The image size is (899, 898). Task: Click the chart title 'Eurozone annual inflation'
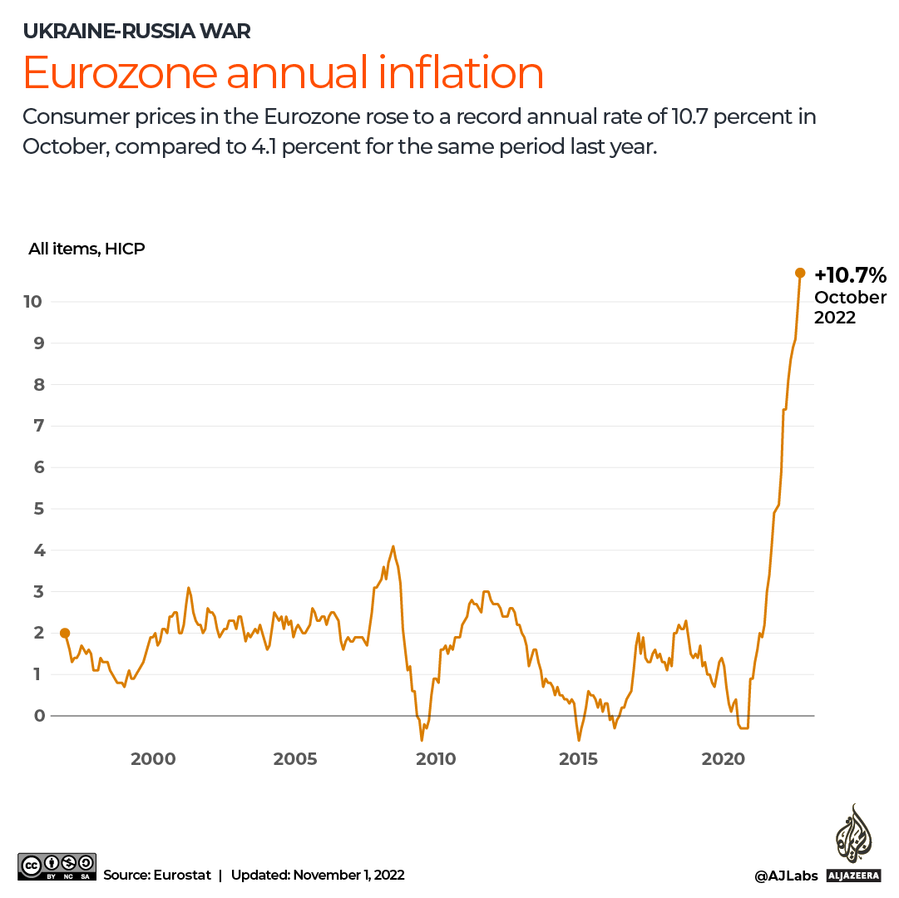(283, 73)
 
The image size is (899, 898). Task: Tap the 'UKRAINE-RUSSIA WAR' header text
(136, 32)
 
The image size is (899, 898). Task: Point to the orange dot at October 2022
(800, 273)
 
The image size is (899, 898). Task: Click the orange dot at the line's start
(65, 634)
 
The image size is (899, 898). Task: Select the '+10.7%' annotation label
(850, 275)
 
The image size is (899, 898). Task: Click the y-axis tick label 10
(32, 301)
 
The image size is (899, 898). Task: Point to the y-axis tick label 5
(37, 509)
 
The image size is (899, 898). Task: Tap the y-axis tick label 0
(37, 716)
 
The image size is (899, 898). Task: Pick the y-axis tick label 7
(37, 426)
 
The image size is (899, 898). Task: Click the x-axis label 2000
(153, 758)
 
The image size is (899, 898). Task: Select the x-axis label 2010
(436, 758)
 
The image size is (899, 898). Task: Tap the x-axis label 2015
(578, 758)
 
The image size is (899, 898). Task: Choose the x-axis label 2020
(722, 758)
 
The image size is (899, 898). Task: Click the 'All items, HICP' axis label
(86, 248)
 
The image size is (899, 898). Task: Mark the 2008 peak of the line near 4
(393, 546)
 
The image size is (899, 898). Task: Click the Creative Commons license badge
(57, 866)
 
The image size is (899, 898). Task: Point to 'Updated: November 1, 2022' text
(318, 875)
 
